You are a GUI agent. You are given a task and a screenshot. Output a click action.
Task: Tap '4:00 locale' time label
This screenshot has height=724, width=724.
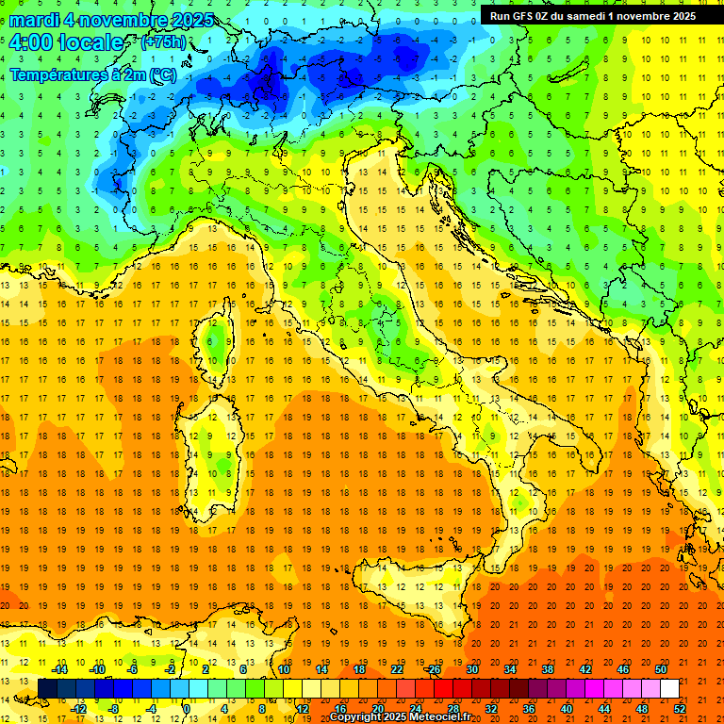(66, 42)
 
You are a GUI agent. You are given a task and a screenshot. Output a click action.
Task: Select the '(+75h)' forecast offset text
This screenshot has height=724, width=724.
(163, 42)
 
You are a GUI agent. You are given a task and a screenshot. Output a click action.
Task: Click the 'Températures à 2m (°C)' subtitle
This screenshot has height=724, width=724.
(92, 74)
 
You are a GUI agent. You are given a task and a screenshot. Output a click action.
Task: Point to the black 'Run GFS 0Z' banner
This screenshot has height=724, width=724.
(594, 15)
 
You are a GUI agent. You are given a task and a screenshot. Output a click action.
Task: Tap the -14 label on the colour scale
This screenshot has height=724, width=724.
(59, 669)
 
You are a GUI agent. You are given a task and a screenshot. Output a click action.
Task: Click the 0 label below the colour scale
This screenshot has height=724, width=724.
(186, 708)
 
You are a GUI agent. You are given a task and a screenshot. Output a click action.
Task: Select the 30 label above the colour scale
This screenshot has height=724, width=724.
(471, 669)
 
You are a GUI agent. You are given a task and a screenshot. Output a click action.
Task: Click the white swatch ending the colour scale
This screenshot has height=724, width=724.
(669, 688)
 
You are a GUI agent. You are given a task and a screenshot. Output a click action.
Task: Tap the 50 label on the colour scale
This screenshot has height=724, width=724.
(661, 669)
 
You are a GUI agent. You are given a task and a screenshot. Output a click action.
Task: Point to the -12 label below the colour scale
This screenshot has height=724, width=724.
(78, 708)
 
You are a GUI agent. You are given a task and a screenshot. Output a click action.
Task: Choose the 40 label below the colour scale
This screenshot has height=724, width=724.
(567, 708)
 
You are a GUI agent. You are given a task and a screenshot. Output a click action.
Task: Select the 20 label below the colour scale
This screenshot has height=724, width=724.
(377, 708)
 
